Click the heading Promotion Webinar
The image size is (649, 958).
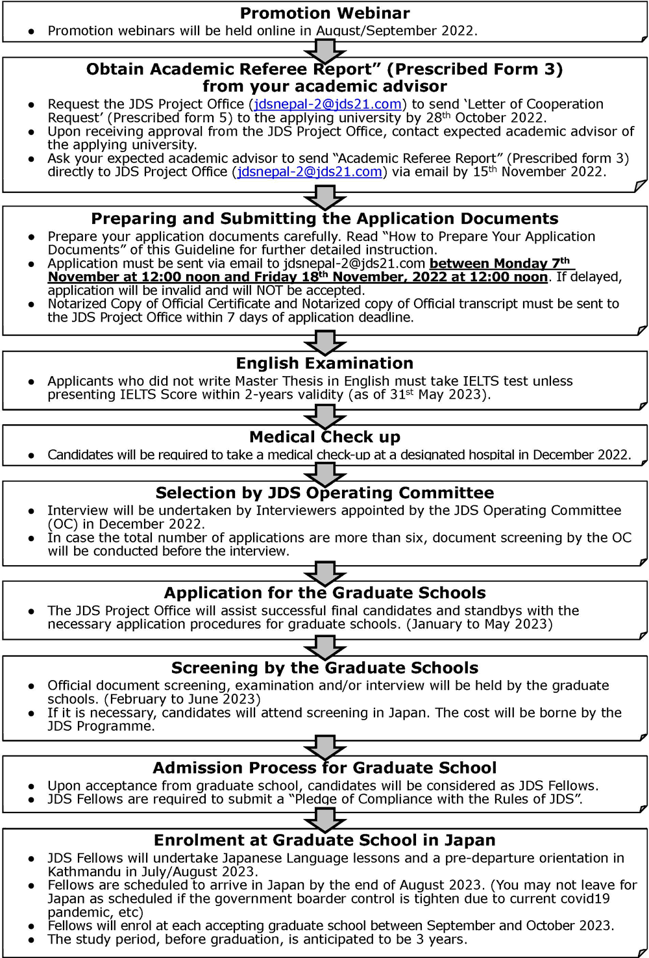tap(324, 13)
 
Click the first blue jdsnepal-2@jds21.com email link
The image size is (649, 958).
tap(328, 105)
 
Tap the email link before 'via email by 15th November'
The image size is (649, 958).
tap(310, 172)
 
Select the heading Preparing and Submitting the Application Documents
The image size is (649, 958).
tap(324, 219)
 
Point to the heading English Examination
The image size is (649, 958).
tap(324, 364)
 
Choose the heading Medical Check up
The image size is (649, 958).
tap(324, 437)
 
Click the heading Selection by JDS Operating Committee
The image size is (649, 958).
tap(324, 493)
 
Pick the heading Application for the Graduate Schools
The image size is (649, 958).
tap(324, 593)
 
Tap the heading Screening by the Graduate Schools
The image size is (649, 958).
tap(324, 668)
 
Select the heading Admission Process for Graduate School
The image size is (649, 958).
tap(324, 768)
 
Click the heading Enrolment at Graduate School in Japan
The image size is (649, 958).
tap(324, 840)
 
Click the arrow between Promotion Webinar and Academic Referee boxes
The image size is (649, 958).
tap(324, 49)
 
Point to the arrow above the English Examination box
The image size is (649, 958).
tap(324, 342)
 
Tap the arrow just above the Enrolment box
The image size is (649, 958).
tap(324, 819)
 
